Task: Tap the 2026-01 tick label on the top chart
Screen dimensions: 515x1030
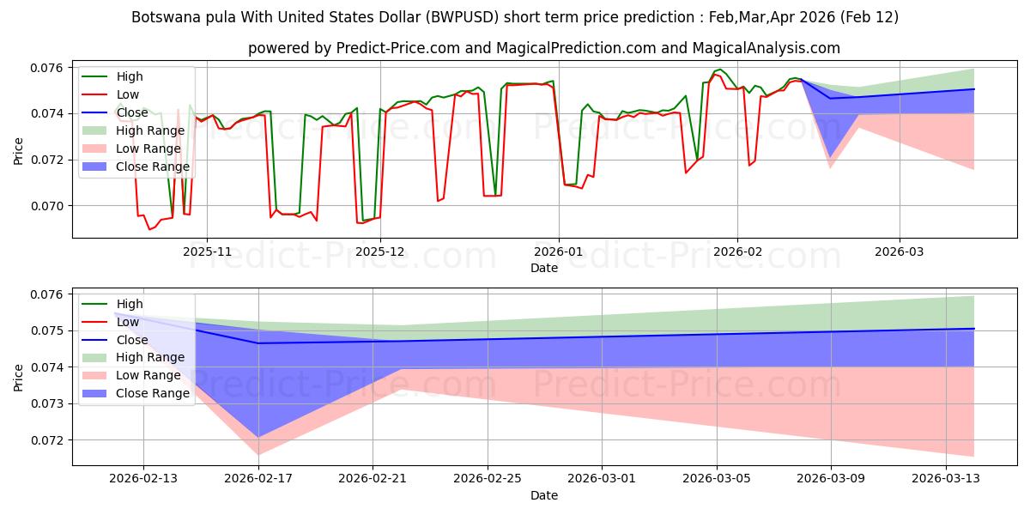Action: (x=559, y=252)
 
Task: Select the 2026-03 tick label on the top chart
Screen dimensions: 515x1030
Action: (x=900, y=252)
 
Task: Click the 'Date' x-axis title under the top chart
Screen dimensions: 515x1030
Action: (x=544, y=268)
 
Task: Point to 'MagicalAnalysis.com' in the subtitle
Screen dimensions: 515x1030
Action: (x=770, y=49)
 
